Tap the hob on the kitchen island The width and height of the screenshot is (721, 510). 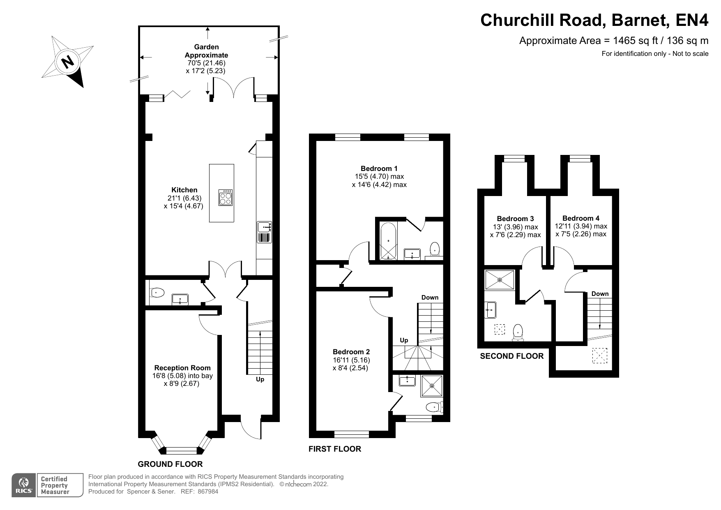pyautogui.click(x=226, y=199)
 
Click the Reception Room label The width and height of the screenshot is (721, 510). pyautogui.click(x=182, y=368)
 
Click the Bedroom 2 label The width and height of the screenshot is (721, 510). pyautogui.click(x=351, y=352)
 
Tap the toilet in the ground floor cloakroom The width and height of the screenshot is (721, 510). pyautogui.click(x=157, y=293)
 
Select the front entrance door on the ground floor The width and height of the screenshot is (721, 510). pyautogui.click(x=251, y=430)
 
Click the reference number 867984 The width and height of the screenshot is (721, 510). pyautogui.click(x=208, y=492)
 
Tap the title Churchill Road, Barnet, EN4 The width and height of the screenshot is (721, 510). pyautogui.click(x=594, y=20)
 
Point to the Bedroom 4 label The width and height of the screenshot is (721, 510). pyautogui.click(x=580, y=218)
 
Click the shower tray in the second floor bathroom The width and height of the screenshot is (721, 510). pyautogui.click(x=500, y=279)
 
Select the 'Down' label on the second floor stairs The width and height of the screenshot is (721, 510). pyautogui.click(x=600, y=294)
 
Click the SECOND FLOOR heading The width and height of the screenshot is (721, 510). pyautogui.click(x=511, y=356)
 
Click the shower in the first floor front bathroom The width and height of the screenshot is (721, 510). pyautogui.click(x=431, y=386)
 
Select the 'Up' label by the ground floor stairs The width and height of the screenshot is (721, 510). pyautogui.click(x=260, y=379)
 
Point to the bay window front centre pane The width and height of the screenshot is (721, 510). pyautogui.click(x=181, y=450)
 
